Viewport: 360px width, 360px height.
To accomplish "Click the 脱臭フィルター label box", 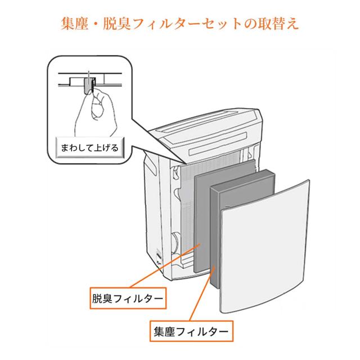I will click(127, 297).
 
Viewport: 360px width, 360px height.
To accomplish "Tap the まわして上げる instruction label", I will click(89, 149).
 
